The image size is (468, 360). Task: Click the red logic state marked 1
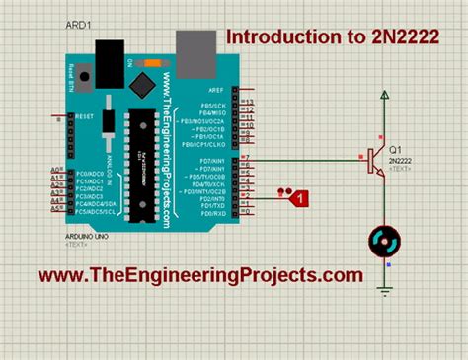tap(301, 198)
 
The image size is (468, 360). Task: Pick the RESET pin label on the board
tap(85, 116)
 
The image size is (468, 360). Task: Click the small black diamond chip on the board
tap(145, 78)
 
